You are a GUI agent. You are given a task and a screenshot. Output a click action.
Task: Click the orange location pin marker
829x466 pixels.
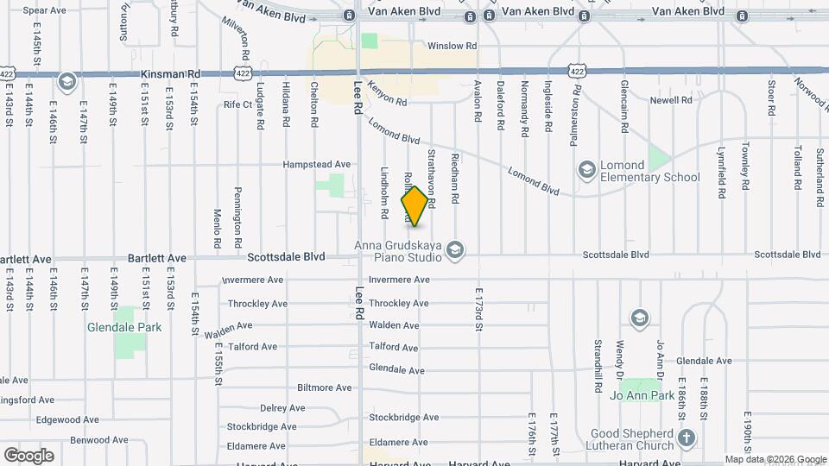415,205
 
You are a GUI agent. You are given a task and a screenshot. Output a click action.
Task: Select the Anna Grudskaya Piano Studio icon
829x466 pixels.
456,251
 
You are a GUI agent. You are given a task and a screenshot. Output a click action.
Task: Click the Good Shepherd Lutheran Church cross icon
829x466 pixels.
686,438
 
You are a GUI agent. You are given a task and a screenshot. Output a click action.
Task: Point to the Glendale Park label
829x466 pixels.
118,328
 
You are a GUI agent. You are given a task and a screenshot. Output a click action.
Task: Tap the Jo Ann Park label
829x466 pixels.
640,395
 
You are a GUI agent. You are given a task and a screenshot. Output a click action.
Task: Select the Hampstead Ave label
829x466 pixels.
319,164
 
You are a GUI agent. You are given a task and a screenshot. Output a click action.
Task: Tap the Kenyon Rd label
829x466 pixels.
386,100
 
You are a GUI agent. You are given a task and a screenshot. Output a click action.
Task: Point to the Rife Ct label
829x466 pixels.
237,104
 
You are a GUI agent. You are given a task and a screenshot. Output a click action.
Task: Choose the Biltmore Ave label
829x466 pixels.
324,388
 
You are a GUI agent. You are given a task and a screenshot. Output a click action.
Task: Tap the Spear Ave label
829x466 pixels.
44,10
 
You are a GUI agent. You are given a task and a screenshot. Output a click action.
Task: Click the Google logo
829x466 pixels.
28,456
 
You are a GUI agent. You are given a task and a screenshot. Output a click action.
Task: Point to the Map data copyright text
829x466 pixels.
775,460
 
